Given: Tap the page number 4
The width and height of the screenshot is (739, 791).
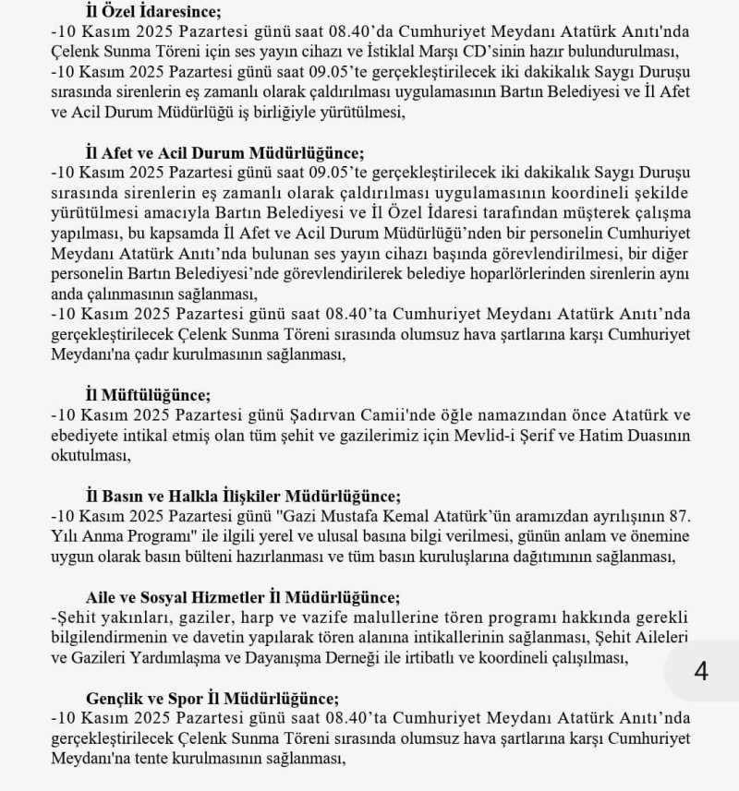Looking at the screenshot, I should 701,671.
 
